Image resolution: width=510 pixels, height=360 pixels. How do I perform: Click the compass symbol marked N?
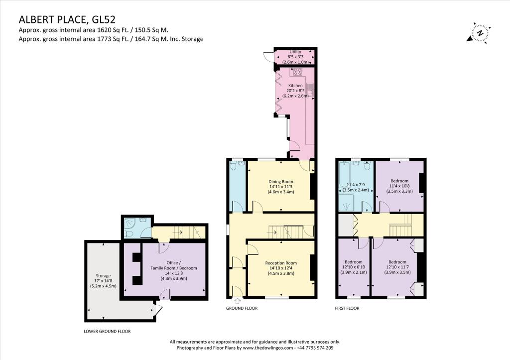pos(479,33)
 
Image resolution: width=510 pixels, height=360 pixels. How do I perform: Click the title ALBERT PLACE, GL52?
pos(67,19)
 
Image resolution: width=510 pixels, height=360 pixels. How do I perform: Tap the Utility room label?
pos(295,52)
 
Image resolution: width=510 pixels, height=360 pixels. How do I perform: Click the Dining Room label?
pos(281,181)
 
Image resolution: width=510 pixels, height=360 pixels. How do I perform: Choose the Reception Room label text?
pos(281,263)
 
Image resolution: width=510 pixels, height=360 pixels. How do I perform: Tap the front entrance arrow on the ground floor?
pos(237,300)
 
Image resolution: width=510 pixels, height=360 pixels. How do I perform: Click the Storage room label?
pos(103,275)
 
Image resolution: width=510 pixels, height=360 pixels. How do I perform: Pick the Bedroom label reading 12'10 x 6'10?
pos(354,267)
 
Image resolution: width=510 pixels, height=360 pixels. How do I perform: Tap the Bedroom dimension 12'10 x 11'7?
pos(397,267)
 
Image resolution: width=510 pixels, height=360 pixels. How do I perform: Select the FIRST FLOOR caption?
pos(347,308)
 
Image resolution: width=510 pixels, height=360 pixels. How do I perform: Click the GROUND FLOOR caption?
pos(242,308)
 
